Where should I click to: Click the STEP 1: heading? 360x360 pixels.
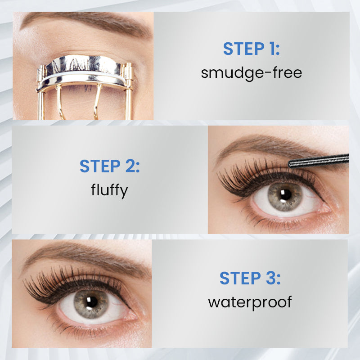tap(252, 49)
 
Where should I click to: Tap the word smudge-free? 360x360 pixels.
tap(252, 73)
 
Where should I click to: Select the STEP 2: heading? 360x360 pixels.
tap(109, 166)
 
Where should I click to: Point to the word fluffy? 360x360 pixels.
tap(109, 190)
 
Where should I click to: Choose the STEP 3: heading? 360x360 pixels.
tap(250, 278)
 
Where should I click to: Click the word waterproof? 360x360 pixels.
tap(250, 302)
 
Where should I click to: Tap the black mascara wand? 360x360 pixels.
tap(319, 161)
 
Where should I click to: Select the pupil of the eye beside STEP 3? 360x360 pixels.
tap(92, 302)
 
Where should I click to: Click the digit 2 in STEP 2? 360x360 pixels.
tap(130, 166)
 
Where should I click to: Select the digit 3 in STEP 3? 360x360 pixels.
tap(271, 278)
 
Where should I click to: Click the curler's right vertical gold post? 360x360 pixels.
tap(129, 91)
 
